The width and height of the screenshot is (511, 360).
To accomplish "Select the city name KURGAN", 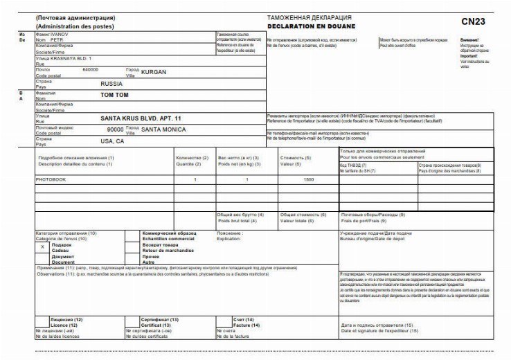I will [x=154, y=71].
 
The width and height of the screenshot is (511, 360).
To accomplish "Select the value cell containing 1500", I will [x=309, y=179].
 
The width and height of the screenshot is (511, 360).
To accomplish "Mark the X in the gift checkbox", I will [x=43, y=246].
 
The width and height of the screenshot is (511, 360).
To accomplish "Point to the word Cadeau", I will [x=62, y=251].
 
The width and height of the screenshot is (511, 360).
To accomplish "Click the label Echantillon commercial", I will [x=168, y=239].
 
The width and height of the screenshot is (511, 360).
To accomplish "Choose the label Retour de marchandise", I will [x=168, y=251].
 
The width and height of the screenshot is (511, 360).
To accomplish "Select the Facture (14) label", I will [x=246, y=325].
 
